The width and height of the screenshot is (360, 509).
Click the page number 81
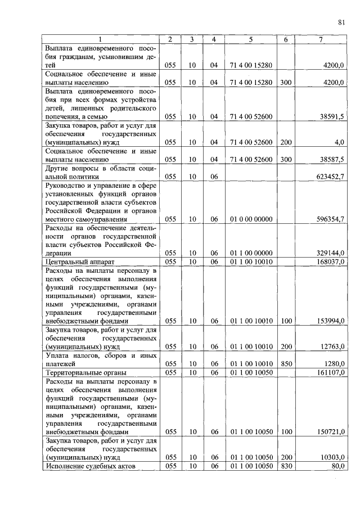pyautogui.click(x=341, y=22)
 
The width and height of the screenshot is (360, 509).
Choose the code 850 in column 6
pyautogui.click(x=286, y=364)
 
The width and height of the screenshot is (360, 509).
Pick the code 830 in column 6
pyautogui.click(x=286, y=466)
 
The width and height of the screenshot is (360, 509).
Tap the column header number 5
pyautogui.click(x=251, y=39)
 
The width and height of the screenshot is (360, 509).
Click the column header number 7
pyautogui.click(x=321, y=39)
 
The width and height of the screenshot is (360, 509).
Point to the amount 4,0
pyautogui.click(x=337, y=142)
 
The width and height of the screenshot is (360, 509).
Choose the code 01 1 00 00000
pyautogui.click(x=251, y=253)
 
